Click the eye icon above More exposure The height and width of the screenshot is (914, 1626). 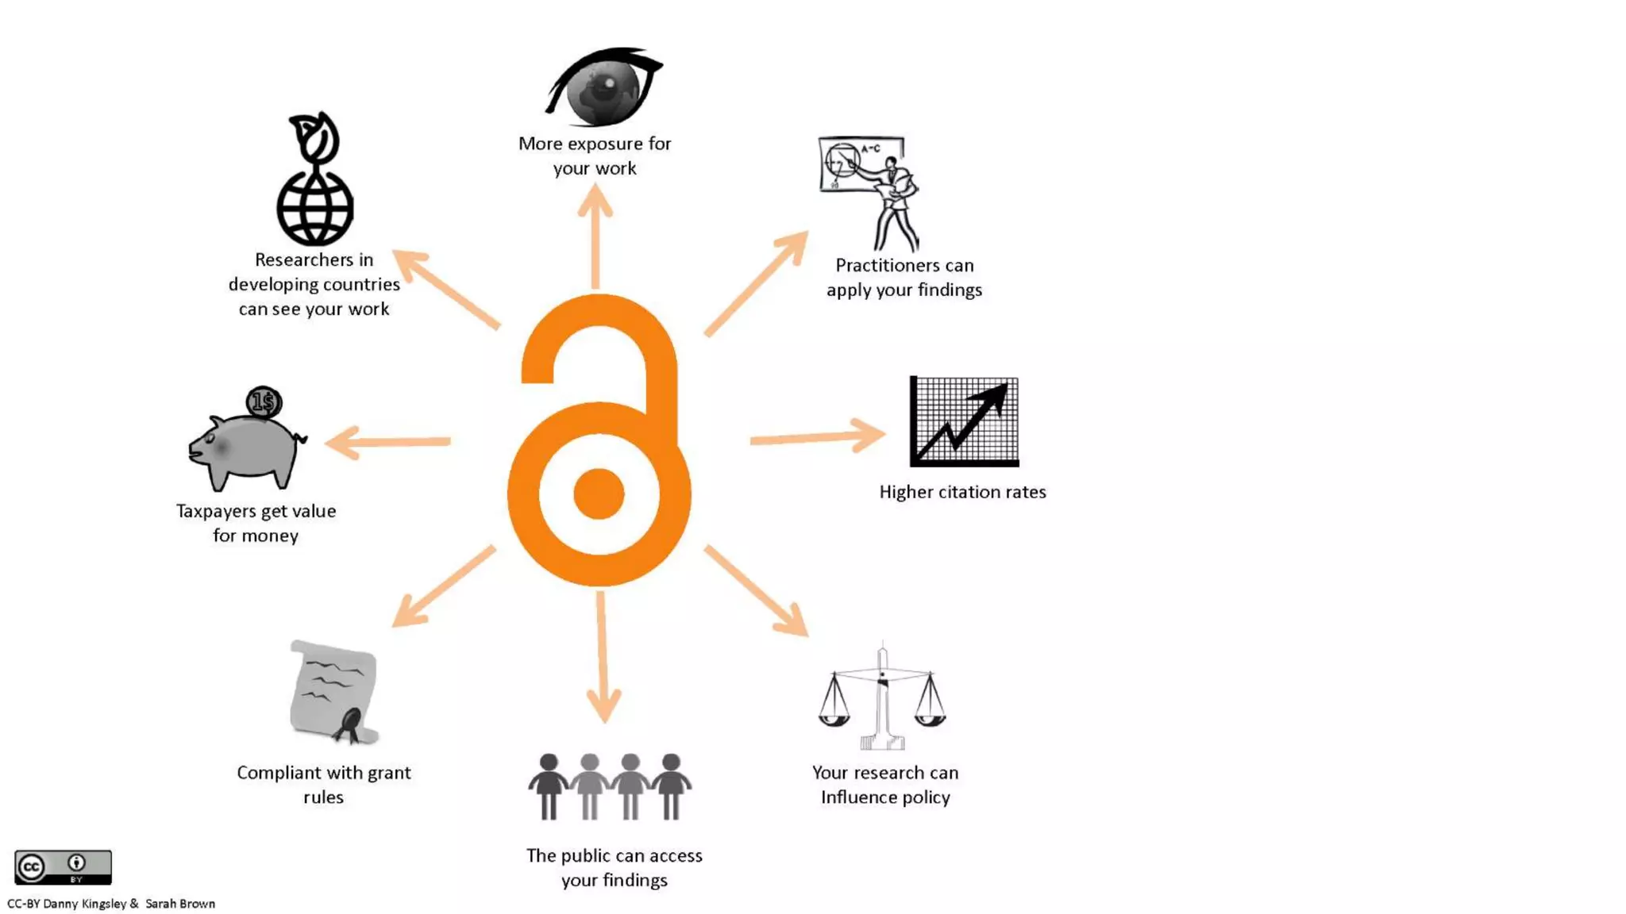pos(603,87)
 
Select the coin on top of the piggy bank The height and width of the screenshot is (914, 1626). pos(264,402)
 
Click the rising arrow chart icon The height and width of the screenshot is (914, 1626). pos(964,421)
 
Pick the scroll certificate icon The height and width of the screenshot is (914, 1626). pos(334,693)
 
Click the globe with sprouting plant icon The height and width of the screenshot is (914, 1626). pos(315,181)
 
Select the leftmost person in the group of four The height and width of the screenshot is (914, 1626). pos(548,786)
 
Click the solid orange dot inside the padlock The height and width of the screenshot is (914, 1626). pos(599,493)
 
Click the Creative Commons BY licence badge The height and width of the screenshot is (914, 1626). pos(63,867)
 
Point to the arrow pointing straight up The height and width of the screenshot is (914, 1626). pos(595,238)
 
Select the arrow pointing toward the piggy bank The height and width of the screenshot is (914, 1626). pos(388,442)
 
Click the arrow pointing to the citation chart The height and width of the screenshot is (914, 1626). pos(818,436)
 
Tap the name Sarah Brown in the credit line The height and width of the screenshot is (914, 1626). pos(180,904)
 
